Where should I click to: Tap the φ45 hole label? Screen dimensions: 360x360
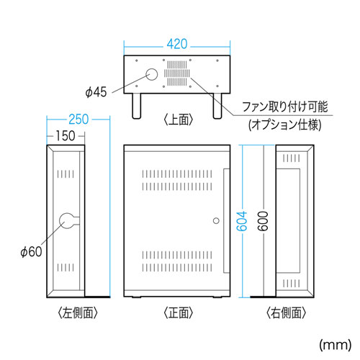[x=96, y=91]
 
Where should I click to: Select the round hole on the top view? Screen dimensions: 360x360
[x=152, y=73]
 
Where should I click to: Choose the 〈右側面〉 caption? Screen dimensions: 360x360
[x=286, y=313]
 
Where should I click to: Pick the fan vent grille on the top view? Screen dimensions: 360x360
[x=178, y=73]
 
